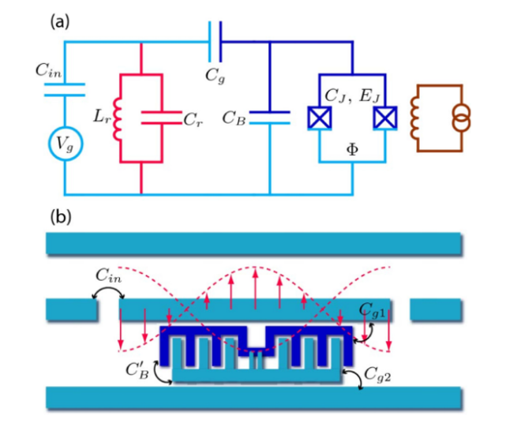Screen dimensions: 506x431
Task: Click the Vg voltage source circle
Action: pyautogui.click(x=66, y=144)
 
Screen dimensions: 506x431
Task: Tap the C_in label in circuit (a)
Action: pyautogui.click(x=48, y=70)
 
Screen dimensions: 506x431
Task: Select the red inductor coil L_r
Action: pyautogui.click(x=117, y=119)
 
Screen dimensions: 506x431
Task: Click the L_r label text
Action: pyautogui.click(x=102, y=117)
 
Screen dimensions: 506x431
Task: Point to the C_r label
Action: pyautogui.click(x=193, y=120)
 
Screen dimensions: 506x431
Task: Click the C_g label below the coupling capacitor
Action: pyautogui.click(x=215, y=76)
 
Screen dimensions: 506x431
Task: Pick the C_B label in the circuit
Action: pyautogui.click(x=234, y=118)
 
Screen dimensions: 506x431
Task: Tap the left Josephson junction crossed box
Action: pyautogui.click(x=319, y=118)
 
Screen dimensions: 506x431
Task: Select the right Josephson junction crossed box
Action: pyautogui.click(x=385, y=118)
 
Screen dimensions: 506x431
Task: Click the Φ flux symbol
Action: pyautogui.click(x=352, y=149)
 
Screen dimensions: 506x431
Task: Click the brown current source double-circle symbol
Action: pyautogui.click(x=461, y=118)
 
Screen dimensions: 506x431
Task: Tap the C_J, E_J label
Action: pyautogui.click(x=352, y=96)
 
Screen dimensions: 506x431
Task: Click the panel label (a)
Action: pyautogui.click(x=60, y=22)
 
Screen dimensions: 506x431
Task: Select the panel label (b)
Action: pyautogui.click(x=60, y=217)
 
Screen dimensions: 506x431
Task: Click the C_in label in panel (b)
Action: pyautogui.click(x=108, y=276)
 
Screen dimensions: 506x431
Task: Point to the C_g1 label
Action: pyautogui.click(x=372, y=310)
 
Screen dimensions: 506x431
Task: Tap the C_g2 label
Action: pyautogui.click(x=377, y=375)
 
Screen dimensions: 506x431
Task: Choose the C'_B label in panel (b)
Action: pyautogui.click(x=137, y=370)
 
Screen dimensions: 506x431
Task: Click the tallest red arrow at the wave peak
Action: pyautogui.click(x=255, y=288)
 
